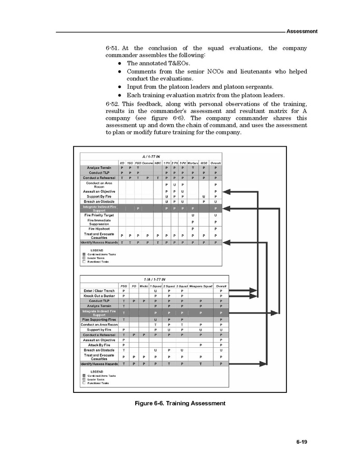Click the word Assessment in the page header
301,31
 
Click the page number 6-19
302,442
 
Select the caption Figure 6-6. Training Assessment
180,403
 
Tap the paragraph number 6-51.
113,48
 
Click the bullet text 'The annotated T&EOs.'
159,63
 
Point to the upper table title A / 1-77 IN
151,156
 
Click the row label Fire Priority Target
99,215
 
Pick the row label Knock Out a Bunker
99,296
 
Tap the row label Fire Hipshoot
99,228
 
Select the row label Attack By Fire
99,345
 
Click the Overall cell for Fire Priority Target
215,215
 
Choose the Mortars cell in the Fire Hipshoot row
193,228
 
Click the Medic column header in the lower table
144,286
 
